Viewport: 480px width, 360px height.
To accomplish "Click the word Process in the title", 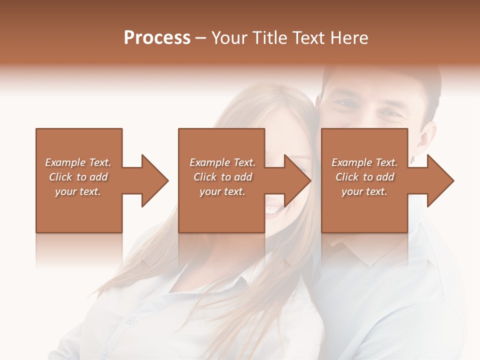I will pyautogui.click(x=157, y=38).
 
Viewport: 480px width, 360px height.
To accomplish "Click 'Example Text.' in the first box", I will pyautogui.click(x=78, y=162).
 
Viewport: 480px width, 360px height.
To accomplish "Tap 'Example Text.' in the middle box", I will pyautogui.click(x=222, y=162).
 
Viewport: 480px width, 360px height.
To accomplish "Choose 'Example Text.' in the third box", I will pyautogui.click(x=364, y=162).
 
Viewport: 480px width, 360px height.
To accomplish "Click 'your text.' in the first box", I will pyautogui.click(x=78, y=191).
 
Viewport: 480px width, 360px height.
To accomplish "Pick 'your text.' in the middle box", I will pyautogui.click(x=222, y=191).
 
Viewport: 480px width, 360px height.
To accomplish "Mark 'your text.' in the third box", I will pyautogui.click(x=364, y=191).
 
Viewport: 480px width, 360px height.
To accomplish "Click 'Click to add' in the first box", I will pyautogui.click(x=78, y=177).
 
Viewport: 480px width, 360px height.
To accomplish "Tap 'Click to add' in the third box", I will pyautogui.click(x=364, y=177).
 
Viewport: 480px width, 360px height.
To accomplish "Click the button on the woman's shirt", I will pyautogui.click(x=129, y=318).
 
